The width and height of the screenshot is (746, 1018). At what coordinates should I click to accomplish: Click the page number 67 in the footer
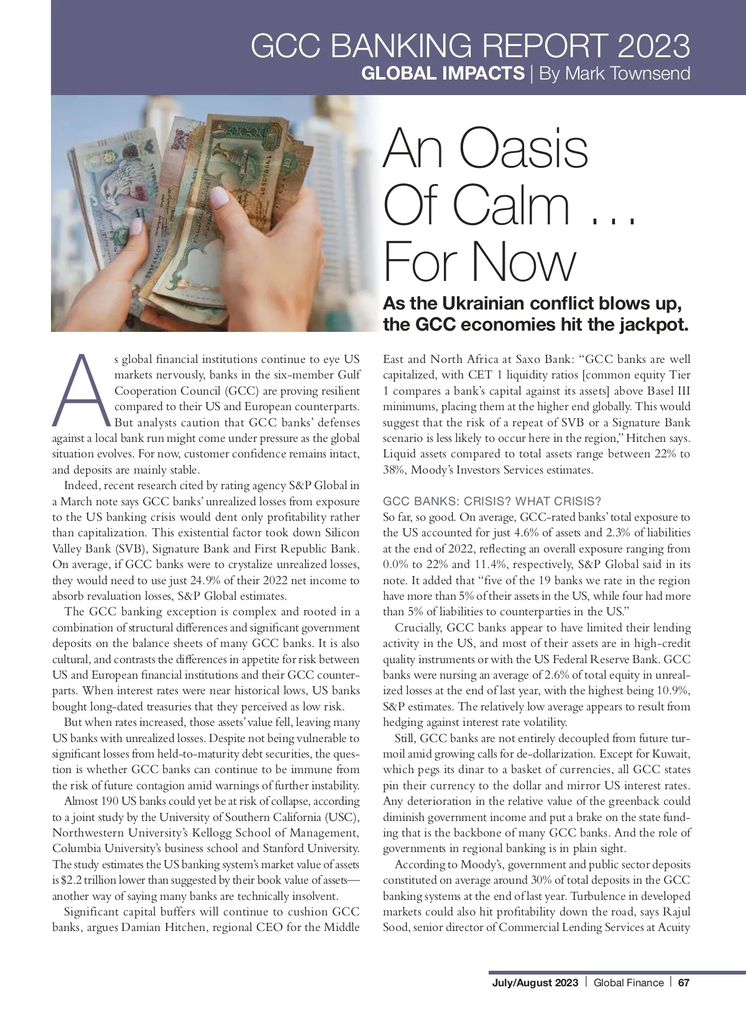click(684, 983)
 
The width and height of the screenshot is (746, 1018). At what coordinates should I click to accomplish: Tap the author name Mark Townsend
click(614, 73)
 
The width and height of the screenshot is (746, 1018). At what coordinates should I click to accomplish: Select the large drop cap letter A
click(81, 390)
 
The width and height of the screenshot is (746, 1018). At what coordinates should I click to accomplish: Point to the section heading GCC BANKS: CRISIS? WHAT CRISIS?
click(492, 502)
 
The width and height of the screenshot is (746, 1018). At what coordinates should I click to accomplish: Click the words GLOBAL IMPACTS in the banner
click(443, 73)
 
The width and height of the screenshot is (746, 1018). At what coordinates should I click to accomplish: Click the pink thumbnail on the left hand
click(219, 197)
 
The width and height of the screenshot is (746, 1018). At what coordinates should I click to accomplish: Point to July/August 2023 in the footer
click(535, 983)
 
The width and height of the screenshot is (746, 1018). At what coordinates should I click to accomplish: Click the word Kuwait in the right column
click(673, 754)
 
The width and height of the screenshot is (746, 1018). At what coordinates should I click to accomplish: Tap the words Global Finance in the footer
click(629, 983)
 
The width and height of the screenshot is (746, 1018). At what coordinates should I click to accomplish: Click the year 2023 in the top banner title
click(654, 46)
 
